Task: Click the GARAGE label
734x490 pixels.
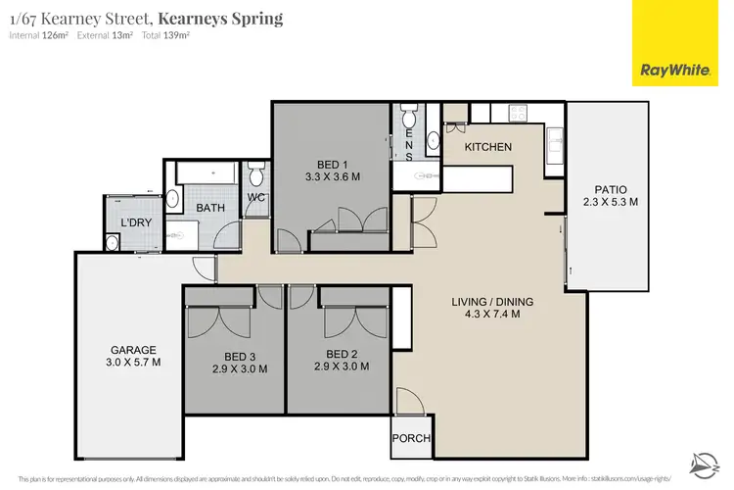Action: coord(131,350)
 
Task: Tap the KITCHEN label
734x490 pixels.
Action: coord(487,147)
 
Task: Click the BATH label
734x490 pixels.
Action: coord(210,208)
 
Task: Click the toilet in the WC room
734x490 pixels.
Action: coord(256,177)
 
